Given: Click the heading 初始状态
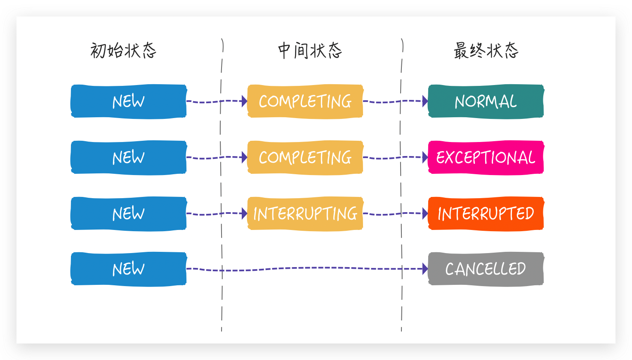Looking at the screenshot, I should coord(123,50).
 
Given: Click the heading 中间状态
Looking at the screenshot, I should coord(310,50).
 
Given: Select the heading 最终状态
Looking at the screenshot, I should coord(486,50).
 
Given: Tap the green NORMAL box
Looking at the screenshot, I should coord(486,101).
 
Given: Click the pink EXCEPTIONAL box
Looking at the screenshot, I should coord(486,157).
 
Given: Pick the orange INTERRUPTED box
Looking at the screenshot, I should coord(486,213).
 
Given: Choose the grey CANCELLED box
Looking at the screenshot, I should coord(486,269).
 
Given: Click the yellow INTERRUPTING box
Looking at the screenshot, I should coord(305,213).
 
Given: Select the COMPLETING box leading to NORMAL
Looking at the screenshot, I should coord(305,101).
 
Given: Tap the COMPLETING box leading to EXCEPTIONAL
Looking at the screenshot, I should coord(305,157).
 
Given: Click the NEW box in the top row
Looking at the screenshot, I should coord(128,101).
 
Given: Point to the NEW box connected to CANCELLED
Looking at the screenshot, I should coord(128,269).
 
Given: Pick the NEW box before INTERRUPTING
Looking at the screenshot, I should coord(128,213).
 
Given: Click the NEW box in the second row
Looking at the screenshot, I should coord(128,157).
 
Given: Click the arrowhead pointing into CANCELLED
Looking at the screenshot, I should coord(425,269).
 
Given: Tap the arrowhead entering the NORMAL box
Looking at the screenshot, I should coord(425,101).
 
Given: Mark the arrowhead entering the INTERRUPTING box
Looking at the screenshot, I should coord(244,213).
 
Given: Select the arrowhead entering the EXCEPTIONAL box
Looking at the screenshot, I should coord(425,157).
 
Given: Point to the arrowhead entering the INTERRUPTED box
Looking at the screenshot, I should coord(425,213).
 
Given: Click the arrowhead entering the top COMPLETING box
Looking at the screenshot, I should coord(244,101).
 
